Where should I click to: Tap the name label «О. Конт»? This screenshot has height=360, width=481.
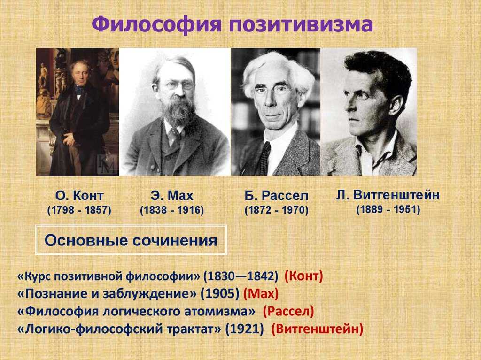pos(79,195)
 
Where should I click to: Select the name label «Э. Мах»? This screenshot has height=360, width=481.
pos(172,195)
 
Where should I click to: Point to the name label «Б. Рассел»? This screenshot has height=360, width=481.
pos(276,195)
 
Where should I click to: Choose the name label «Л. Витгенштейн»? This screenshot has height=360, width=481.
pos(388,194)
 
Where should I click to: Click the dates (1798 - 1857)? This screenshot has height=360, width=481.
pos(79,211)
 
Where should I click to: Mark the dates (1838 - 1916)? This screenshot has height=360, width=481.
pos(172,211)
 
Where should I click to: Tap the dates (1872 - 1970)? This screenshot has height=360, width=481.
pos(276,211)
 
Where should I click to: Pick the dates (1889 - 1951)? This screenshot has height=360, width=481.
pos(388,210)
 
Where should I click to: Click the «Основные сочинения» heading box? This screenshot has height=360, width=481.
pos(131,241)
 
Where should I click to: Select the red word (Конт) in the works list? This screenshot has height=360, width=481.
pos(304,277)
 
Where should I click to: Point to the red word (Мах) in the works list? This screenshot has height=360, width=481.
pos(261,294)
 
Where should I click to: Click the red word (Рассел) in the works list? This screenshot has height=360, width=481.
pos(288,311)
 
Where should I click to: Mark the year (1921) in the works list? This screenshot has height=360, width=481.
pos(244,329)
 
